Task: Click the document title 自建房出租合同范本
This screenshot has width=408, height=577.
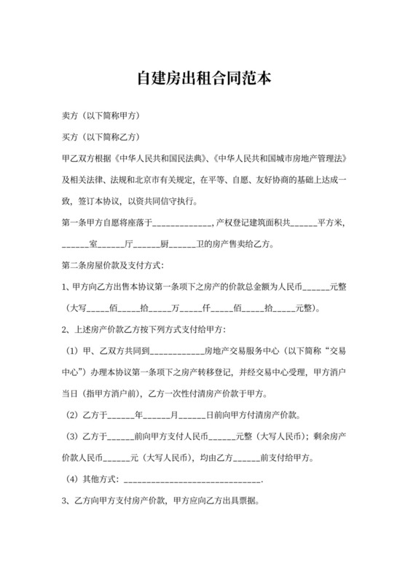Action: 203,78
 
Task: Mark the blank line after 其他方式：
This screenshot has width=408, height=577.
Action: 192,481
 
